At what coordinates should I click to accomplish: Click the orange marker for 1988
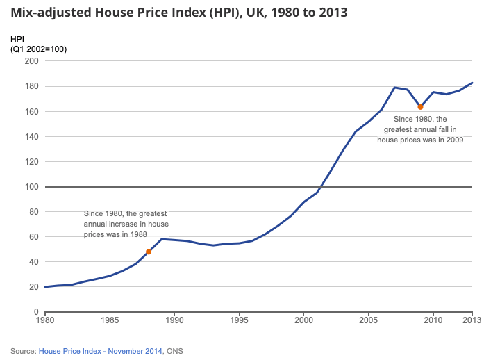pyautogui.click(x=149, y=252)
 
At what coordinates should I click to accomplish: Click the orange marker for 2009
pyautogui.click(x=420, y=106)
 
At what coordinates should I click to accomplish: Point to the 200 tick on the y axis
pyautogui.click(x=32, y=61)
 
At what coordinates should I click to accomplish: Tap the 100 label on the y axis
pyautogui.click(x=32, y=186)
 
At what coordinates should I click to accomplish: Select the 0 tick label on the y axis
pyautogui.click(x=36, y=312)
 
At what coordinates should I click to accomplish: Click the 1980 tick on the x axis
pyautogui.click(x=44, y=320)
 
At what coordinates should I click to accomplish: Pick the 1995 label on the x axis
pyautogui.click(x=239, y=320)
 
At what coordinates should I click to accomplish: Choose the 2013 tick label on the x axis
pyautogui.click(x=472, y=320)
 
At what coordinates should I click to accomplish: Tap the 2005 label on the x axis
pyautogui.click(x=368, y=320)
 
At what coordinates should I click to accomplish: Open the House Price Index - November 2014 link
pyautogui.click(x=99, y=351)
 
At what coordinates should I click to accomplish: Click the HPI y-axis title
pyautogui.click(x=17, y=40)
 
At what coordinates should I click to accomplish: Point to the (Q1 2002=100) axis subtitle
pyautogui.click(x=38, y=49)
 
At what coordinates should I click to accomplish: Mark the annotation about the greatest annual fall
pyautogui.click(x=419, y=129)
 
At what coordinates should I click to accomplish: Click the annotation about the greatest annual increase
pyautogui.click(x=125, y=224)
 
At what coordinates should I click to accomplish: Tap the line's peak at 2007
pyautogui.click(x=394, y=88)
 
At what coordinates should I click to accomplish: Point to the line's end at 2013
pyautogui.click(x=472, y=83)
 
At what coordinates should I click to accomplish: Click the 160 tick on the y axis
pyautogui.click(x=32, y=111)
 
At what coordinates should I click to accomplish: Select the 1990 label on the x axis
pyautogui.click(x=174, y=320)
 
